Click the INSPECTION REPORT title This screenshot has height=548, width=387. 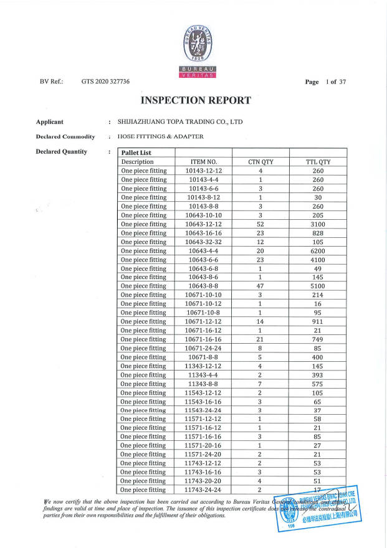[196, 100]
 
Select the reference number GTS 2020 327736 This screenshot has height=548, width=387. [105, 82]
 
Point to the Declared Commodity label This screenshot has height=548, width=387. [65, 136]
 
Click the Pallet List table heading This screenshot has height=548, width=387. [136, 153]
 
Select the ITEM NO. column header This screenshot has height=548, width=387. [203, 162]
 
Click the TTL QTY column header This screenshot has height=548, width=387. [318, 162]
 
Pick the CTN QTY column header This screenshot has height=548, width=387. [260, 162]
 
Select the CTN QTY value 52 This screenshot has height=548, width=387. [260, 224]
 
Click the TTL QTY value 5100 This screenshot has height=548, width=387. [318, 286]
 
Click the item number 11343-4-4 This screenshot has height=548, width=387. [203, 375]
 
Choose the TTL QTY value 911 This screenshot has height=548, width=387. [318, 321]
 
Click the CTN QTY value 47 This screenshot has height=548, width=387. [260, 286]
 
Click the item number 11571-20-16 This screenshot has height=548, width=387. [203, 446]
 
